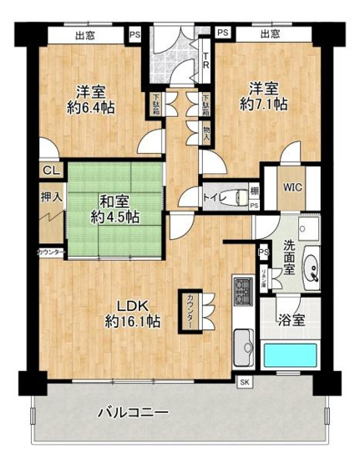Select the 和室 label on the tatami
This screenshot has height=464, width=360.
coord(114,201)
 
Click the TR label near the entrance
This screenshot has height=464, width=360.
coord(205,59)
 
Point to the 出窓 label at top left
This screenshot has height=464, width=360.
coord(84,34)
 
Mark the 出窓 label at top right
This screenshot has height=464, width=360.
coord(269,34)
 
